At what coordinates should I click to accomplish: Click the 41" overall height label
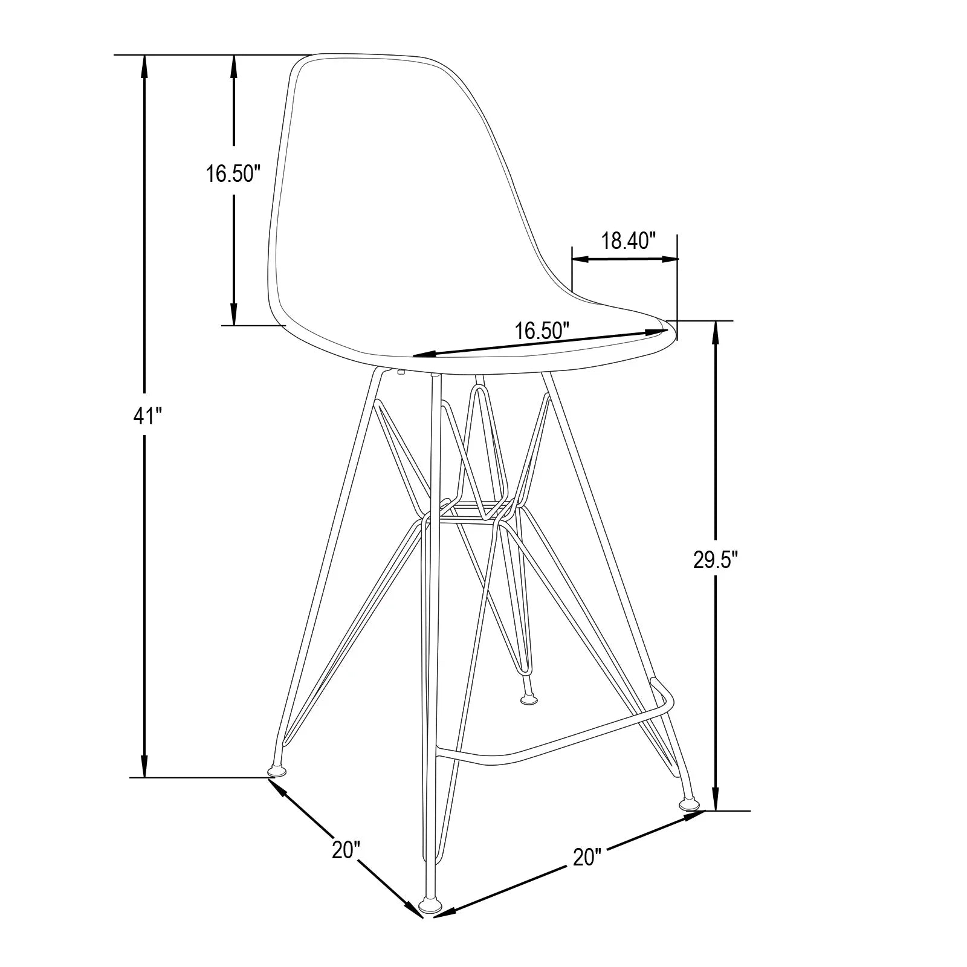[145, 415]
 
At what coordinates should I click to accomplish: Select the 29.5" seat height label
[716, 560]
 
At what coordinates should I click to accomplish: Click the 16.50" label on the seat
[542, 330]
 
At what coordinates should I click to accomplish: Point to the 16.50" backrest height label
[233, 173]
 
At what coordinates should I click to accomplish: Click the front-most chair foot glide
[430, 923]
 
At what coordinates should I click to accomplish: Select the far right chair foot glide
[689, 804]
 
